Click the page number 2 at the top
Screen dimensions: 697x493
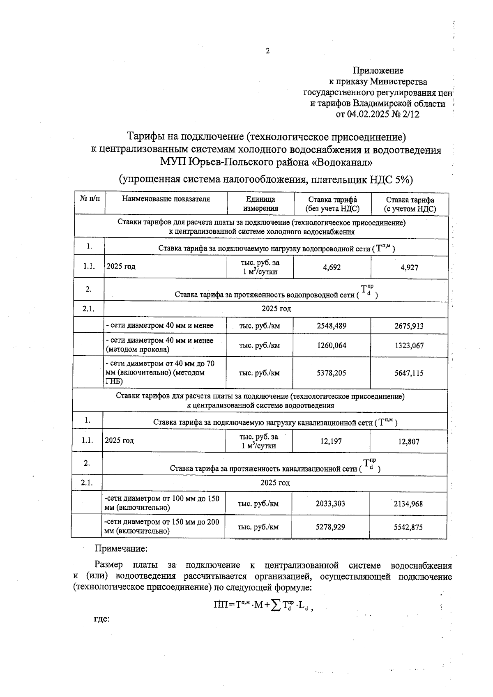(x=268, y=51)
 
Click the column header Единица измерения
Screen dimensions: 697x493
(x=260, y=204)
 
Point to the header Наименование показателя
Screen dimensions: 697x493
(x=166, y=199)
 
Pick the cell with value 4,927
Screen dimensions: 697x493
(x=409, y=268)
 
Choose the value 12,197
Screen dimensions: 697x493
(x=331, y=442)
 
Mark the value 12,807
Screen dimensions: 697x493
(x=408, y=442)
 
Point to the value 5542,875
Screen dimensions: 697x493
(x=408, y=527)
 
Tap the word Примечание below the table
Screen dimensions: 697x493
(x=121, y=548)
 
